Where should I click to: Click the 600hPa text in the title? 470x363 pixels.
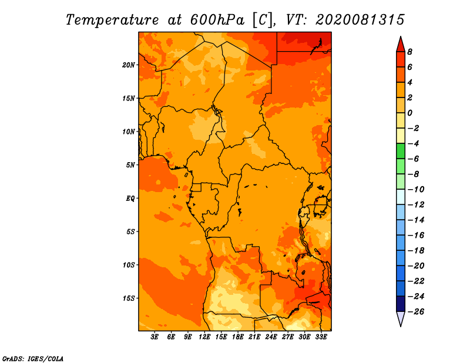pos(217,20)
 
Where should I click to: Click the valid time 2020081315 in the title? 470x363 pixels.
pos(360,20)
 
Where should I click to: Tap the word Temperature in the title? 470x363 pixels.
pos(112,21)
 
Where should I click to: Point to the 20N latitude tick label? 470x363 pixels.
pos(129,65)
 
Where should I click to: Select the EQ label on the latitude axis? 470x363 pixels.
pos(130,199)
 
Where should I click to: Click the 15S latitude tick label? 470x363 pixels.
pos(129,298)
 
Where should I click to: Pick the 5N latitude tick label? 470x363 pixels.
pos(130,165)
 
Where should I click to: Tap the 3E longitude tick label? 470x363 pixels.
pos(155,337)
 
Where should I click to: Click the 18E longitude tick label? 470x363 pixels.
pos(238,337)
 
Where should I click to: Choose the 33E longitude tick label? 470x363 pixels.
pos(321,337)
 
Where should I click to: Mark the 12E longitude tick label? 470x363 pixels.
pos(204,337)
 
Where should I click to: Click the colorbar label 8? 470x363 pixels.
pos(409,52)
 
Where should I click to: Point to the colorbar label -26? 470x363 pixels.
pos(416,312)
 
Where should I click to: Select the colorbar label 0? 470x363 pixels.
pos(409,113)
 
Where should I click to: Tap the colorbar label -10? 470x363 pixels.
pos(416,190)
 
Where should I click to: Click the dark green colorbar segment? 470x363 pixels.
pos(401,151)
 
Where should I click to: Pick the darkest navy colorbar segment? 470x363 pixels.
pos(401,304)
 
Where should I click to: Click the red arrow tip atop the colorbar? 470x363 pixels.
pos(401,36)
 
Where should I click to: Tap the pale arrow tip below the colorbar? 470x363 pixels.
pos(401,326)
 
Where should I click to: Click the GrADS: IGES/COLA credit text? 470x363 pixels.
pos(33,359)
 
